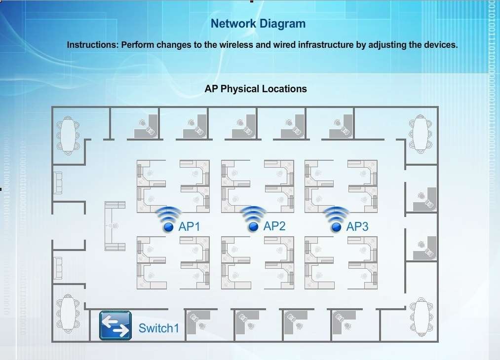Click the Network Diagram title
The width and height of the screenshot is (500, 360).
258,23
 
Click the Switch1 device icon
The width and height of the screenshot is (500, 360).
115,325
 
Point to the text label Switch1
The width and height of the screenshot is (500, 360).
158,328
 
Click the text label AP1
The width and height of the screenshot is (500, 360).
189,227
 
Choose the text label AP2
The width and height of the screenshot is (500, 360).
274,226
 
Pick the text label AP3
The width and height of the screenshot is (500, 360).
357,227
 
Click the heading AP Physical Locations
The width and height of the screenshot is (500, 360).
256,89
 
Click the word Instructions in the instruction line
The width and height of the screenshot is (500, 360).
92,44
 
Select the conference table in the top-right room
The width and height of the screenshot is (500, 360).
420,133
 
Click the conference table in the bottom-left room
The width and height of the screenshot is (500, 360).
68,313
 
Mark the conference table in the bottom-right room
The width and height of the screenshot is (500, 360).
420,316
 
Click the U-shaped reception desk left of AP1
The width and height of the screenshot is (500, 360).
114,226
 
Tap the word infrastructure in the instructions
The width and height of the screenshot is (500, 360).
326,44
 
